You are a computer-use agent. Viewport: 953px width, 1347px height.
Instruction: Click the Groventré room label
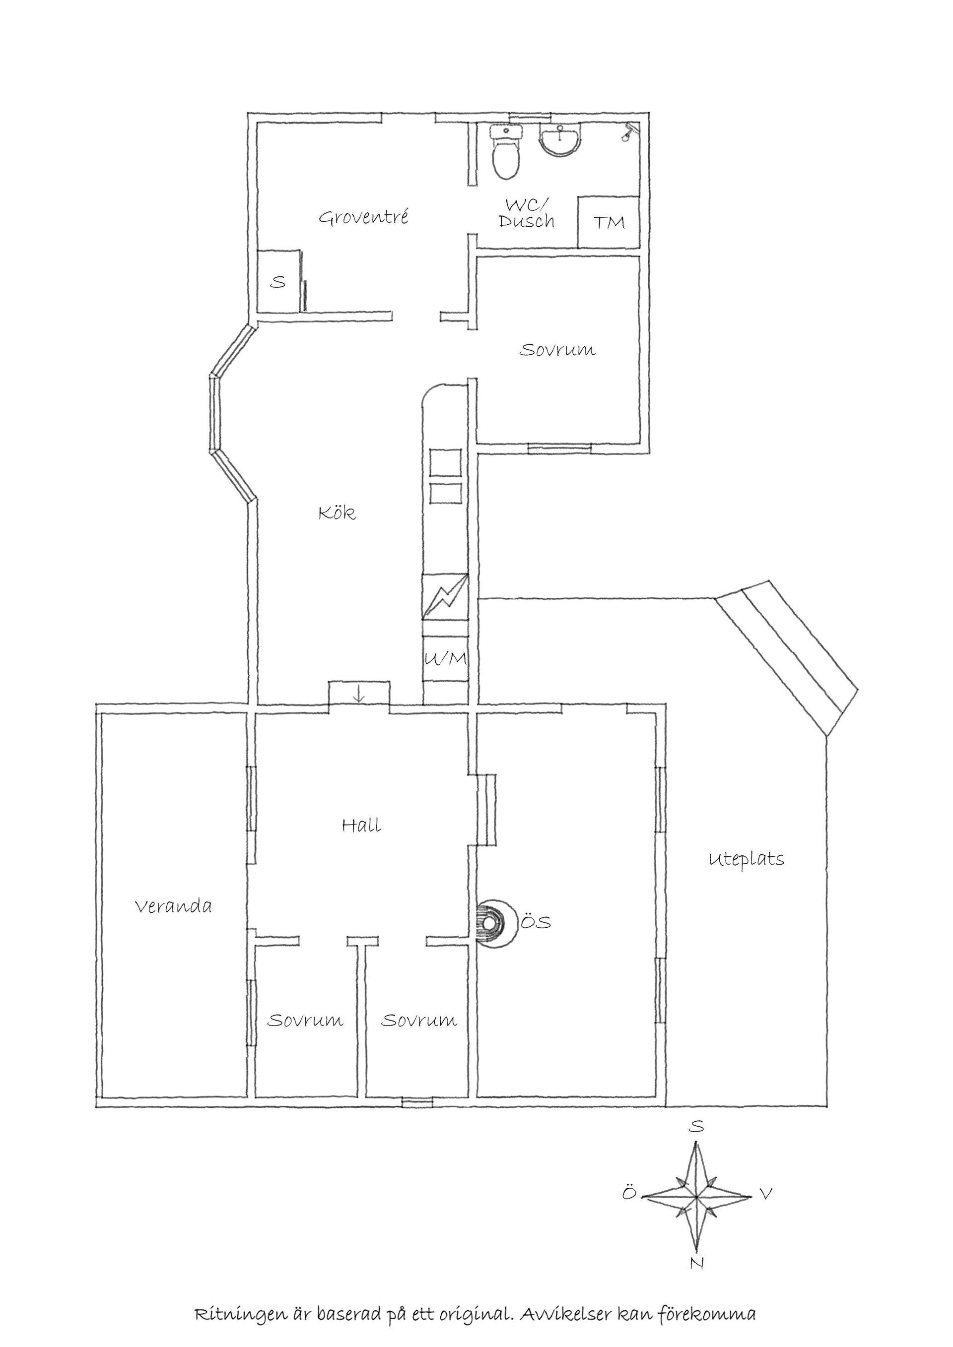click(x=363, y=218)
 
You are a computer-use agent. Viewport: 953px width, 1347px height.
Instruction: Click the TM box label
click(x=609, y=222)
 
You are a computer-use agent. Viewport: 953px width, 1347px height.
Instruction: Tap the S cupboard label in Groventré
click(x=277, y=282)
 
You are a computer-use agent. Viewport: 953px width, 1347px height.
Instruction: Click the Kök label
click(x=337, y=513)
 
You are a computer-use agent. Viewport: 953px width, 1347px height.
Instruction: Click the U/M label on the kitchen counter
click(x=445, y=659)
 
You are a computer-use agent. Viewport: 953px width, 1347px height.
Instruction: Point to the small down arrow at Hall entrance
click(x=359, y=695)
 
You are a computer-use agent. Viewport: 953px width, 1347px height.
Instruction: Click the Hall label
click(x=361, y=826)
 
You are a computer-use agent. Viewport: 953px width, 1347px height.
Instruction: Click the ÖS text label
click(x=537, y=922)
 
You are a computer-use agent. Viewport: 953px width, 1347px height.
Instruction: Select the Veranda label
click(x=173, y=906)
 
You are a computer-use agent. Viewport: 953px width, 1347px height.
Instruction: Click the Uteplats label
click(x=747, y=859)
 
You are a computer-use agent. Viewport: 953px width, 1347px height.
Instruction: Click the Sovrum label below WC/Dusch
click(x=557, y=350)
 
